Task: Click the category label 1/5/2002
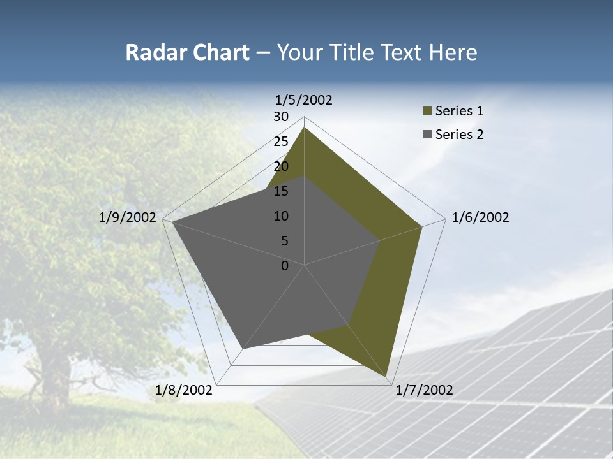[x=303, y=100]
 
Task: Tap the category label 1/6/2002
[x=480, y=217]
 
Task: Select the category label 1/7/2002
[x=424, y=390]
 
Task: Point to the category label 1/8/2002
[x=183, y=390]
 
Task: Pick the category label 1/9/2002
[x=127, y=217]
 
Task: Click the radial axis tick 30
[x=281, y=117]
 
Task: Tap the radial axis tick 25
[x=281, y=142]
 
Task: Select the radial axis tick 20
[x=281, y=166]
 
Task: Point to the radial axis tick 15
[x=281, y=191]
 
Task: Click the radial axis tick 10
[x=281, y=216]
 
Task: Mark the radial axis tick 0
[x=285, y=266]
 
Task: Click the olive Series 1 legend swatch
[x=428, y=111]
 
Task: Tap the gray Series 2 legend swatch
[x=428, y=135]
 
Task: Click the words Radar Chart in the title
[x=187, y=52]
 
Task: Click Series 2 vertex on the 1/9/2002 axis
[x=173, y=222]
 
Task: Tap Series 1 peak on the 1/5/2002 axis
[x=304, y=127]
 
